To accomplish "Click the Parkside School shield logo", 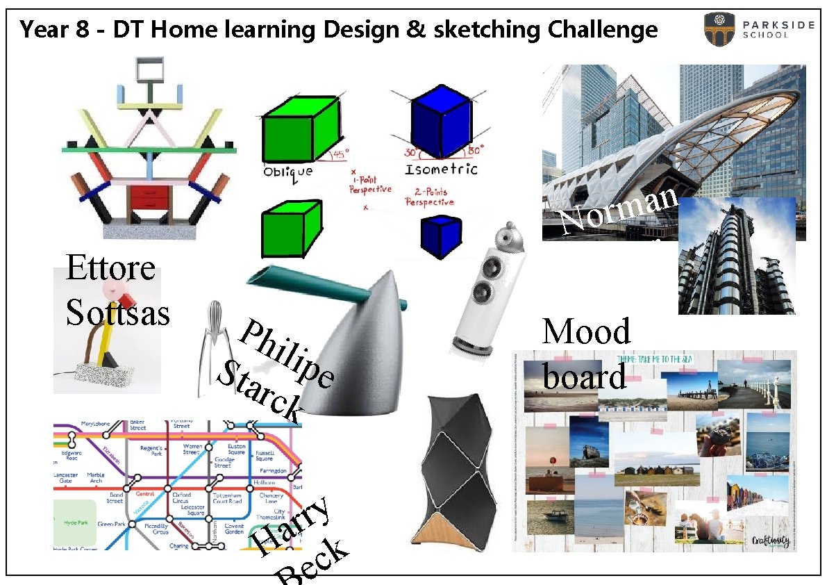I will (x=719, y=29).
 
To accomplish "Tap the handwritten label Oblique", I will (x=287, y=171).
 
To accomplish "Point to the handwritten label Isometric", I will (x=441, y=169).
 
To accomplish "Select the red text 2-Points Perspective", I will (x=429, y=197).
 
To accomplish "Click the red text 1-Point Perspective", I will (x=369, y=184).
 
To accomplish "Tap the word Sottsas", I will (x=117, y=312).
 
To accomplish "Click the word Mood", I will (x=586, y=331).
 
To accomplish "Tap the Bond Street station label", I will (x=115, y=497).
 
